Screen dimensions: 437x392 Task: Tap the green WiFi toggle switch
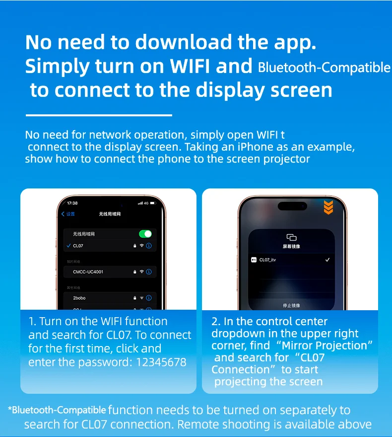point(145,234)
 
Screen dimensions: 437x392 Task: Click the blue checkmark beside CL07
point(68,246)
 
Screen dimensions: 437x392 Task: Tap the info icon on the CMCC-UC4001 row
point(149,272)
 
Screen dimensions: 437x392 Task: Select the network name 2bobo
point(79,298)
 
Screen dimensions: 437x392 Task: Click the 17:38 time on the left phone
point(72,203)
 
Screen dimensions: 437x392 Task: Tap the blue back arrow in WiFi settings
point(63,214)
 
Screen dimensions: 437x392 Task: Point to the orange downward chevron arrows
point(328,207)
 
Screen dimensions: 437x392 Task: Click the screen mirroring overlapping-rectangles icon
point(291,237)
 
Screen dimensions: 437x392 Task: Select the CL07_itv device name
point(268,260)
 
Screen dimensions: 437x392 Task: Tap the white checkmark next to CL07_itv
point(327,260)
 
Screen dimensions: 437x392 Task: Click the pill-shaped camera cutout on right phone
point(292,206)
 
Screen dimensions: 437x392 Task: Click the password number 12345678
point(161,362)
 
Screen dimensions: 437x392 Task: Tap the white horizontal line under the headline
point(98,115)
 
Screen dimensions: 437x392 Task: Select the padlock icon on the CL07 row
point(135,246)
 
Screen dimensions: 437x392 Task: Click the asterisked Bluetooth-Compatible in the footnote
point(58,410)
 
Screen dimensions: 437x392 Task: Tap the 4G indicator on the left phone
point(147,203)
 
